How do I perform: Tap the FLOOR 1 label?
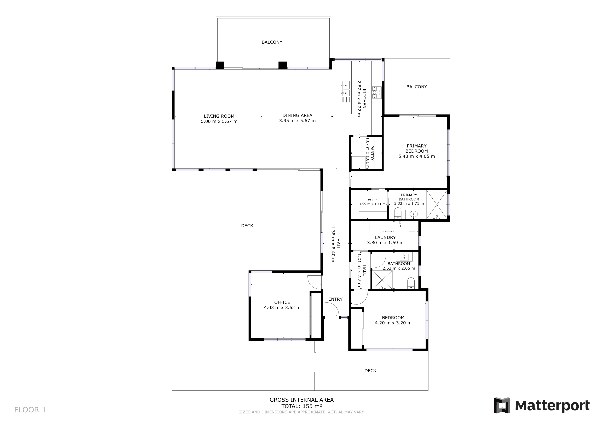click(30, 410)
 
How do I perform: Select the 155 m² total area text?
click(302, 406)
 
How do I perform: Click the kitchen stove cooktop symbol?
click(377, 92)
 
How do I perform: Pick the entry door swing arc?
click(332, 309)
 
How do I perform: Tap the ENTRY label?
click(335, 299)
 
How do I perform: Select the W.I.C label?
click(372, 200)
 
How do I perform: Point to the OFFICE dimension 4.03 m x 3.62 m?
click(282, 308)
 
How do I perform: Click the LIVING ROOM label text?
click(219, 116)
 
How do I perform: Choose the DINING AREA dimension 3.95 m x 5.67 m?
click(297, 121)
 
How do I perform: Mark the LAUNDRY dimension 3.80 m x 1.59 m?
click(385, 243)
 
